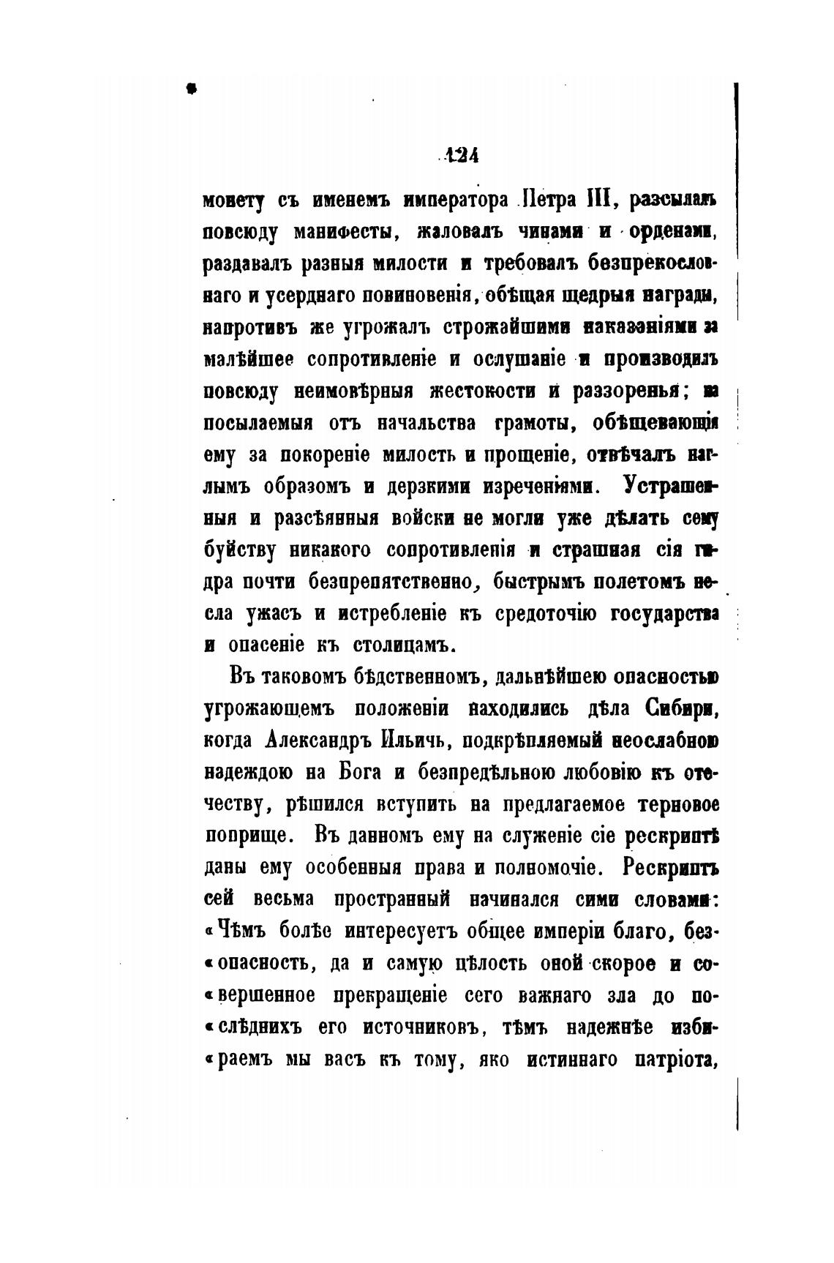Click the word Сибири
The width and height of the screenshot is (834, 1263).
pyautogui.click(x=680, y=709)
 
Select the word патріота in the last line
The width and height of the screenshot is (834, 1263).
pyautogui.click(x=672, y=1059)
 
